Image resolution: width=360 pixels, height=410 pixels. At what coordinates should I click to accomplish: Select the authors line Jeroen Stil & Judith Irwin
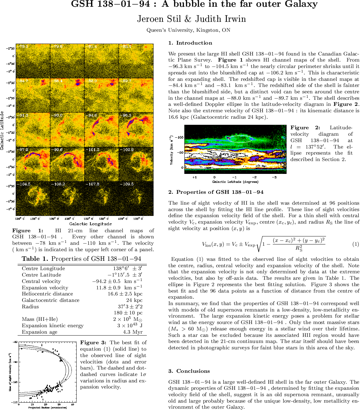tap(191, 19)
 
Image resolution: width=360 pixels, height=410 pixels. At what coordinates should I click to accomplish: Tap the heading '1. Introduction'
tap(190, 43)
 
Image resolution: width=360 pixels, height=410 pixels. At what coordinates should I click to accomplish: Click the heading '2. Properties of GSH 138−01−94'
tap(216, 192)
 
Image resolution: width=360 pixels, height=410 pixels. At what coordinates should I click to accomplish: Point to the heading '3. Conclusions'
tap(189, 371)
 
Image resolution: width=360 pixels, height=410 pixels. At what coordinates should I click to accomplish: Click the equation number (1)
tap(356, 244)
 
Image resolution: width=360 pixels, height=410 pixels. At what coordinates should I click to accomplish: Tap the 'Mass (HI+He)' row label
tap(40, 319)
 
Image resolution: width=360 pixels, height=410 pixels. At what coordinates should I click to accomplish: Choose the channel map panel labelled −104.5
tap(33, 199)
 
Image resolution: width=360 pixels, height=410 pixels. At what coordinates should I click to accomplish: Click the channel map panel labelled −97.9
tap(33, 164)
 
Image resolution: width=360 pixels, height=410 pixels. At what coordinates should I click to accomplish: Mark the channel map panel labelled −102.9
tap(136, 164)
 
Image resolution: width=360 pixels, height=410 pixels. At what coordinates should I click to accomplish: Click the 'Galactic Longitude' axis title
tap(90, 224)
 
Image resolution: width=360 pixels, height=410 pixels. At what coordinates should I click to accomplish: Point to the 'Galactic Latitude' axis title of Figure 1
tap(3, 130)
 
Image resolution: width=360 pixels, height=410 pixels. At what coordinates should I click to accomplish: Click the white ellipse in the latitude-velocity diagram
tap(241, 139)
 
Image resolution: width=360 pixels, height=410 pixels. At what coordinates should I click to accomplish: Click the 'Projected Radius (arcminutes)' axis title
tap(47, 407)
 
